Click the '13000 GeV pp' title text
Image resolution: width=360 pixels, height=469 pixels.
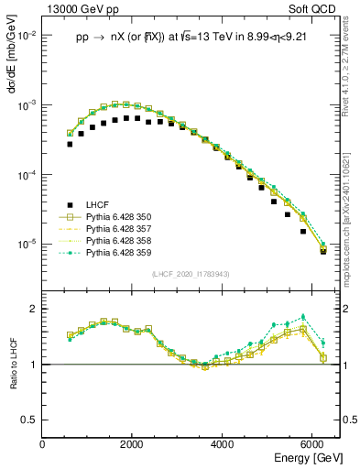click(x=81, y=8)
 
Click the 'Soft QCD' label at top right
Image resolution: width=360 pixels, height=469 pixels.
click(x=316, y=8)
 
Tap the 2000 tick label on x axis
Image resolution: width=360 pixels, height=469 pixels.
click(x=133, y=443)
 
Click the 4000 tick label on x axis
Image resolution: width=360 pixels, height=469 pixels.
click(x=223, y=443)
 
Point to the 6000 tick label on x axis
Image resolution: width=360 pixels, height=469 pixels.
click(x=312, y=443)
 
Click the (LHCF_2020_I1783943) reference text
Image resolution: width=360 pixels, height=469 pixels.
click(x=190, y=275)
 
